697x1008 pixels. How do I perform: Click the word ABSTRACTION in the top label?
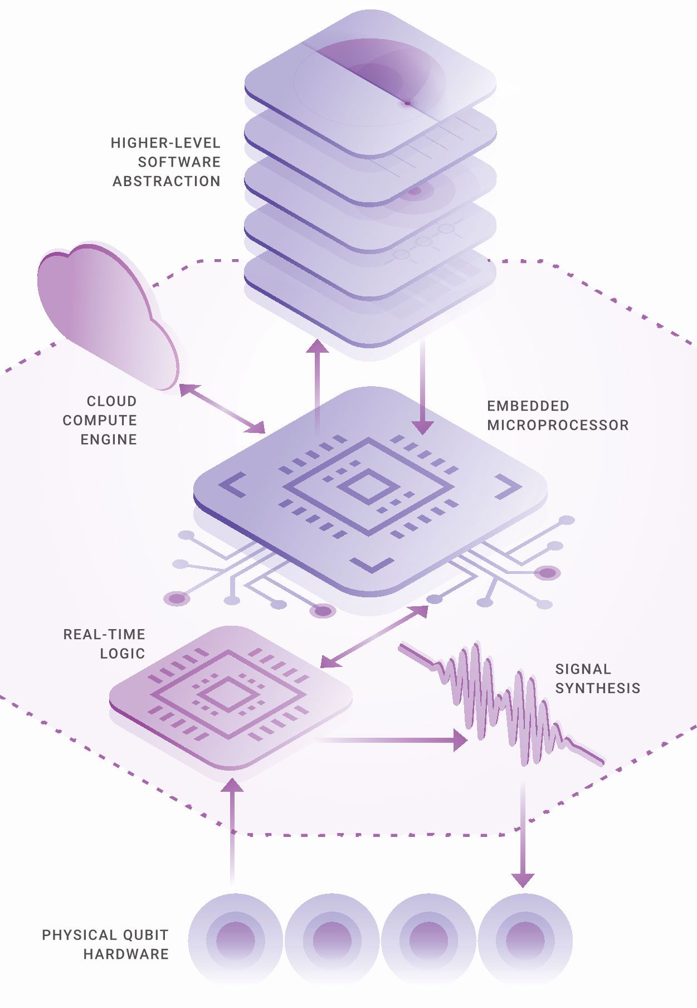pos(166,181)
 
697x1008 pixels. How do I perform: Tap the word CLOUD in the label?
pos(111,401)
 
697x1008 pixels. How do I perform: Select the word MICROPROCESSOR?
pos(558,425)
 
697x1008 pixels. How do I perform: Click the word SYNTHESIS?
pos(597,688)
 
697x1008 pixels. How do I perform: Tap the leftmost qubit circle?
pos(235,940)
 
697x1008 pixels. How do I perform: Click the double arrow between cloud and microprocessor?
pos(222,409)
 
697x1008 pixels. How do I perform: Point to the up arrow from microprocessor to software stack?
pos(319,384)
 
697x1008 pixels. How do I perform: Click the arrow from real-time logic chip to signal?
pos(390,741)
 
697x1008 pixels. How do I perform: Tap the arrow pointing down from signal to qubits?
pos(523,836)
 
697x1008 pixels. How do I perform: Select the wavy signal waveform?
pos(501,702)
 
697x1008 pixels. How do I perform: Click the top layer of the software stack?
pos(370,84)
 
